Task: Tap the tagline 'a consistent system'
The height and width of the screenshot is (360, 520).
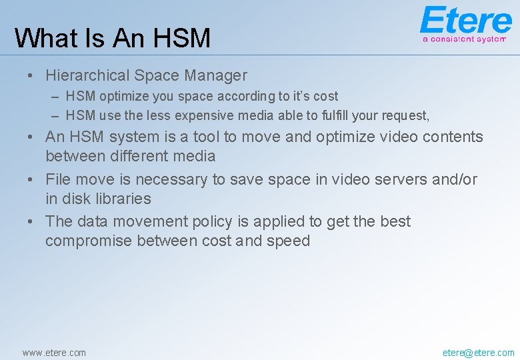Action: click(464, 39)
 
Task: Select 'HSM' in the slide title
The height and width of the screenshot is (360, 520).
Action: click(181, 37)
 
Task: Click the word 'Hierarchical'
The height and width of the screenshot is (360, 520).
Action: click(87, 75)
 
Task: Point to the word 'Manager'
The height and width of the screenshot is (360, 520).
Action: click(216, 76)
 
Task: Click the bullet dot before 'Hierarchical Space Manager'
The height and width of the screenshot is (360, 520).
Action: click(30, 76)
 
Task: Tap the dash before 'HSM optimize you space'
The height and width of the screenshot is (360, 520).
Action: click(55, 97)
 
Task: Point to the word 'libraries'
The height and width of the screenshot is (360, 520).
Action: click(123, 199)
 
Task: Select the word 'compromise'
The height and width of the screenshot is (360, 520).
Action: click(89, 241)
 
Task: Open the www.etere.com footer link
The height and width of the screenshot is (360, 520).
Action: click(54, 353)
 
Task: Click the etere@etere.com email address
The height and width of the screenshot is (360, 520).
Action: click(478, 353)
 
